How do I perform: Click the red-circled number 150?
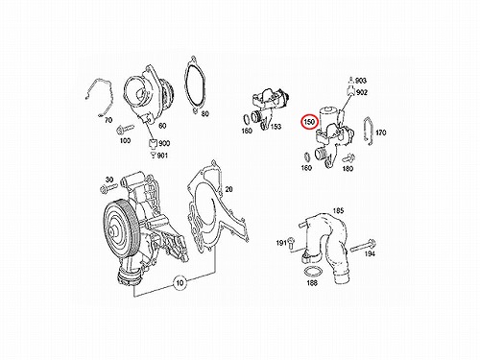coord(310,122)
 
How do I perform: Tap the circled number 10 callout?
coord(180,282)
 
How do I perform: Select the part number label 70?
coord(108,120)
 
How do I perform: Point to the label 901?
coord(162,156)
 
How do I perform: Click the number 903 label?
coord(361,81)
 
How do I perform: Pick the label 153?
coord(276,127)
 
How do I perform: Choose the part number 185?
coord(338,210)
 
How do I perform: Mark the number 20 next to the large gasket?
coord(228,189)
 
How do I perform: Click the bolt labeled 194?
coord(363,247)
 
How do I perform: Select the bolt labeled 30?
coord(107,189)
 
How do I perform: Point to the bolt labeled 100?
coord(124,129)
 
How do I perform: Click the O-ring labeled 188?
coord(311,272)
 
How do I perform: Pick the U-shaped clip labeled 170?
coord(369,132)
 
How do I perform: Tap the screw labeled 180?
coord(348,158)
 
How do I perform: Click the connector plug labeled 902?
coord(351,90)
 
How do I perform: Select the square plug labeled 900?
coord(153,144)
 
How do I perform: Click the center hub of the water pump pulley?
coord(112,231)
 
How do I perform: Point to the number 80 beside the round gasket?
coord(204,113)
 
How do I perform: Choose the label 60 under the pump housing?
coord(162,126)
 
